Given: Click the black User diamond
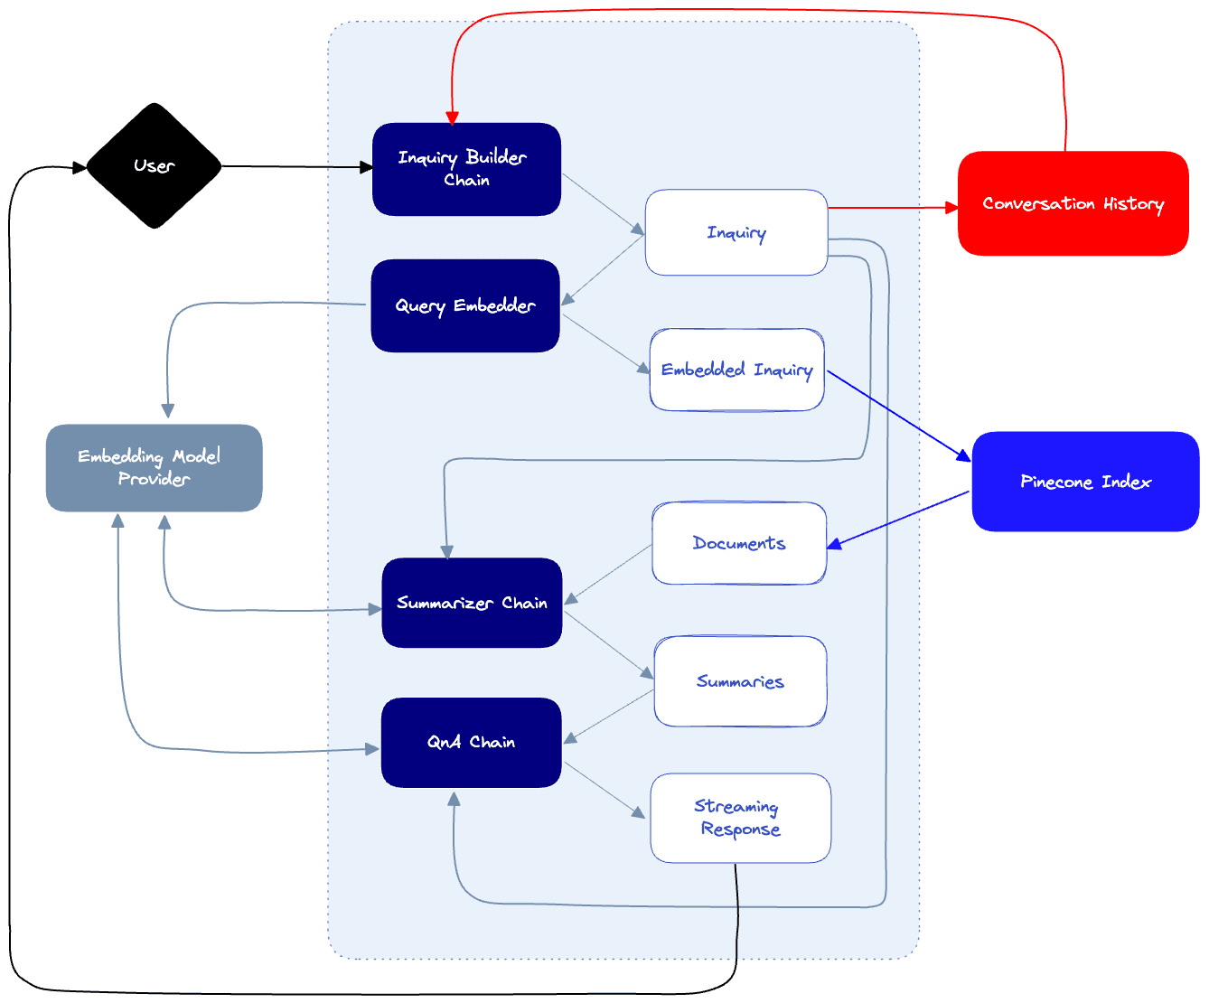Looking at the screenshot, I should pos(154,166).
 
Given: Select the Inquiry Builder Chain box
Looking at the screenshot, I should pos(466,169).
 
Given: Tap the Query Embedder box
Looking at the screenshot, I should pos(465,305).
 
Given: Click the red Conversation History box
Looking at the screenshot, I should pos(1073,203).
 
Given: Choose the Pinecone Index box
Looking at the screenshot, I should pos(1085,482).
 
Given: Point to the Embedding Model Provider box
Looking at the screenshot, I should pos(154,467).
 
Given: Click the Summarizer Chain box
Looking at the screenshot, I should pos(472,603).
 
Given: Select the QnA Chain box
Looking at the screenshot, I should pos(471,742).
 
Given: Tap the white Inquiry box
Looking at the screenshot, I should pos(736,232).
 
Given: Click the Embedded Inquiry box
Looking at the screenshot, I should pos(736,370).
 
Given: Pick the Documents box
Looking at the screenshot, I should pos(739,543).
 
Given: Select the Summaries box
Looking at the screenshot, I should pos(740,681).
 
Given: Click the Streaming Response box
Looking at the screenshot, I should pos(740,818).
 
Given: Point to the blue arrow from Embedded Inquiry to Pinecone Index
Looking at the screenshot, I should pos(899,416).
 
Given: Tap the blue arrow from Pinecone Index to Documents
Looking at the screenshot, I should pos(899,520).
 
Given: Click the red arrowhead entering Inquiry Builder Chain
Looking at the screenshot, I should pos(453,117).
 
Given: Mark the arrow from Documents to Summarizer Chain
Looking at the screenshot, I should pos(607,575).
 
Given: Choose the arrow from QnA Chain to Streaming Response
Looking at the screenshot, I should pos(605,791).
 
